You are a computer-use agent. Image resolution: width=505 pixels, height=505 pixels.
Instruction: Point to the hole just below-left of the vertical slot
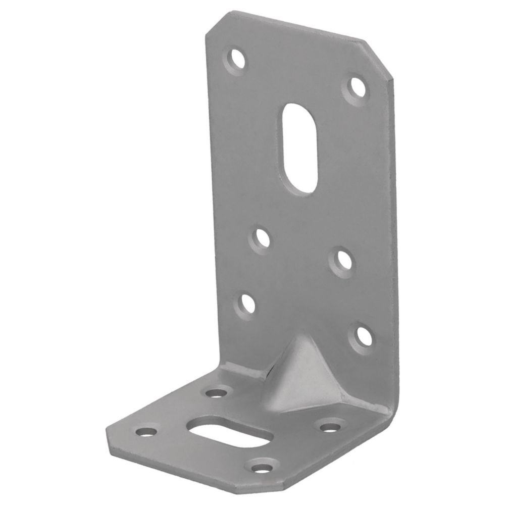261,237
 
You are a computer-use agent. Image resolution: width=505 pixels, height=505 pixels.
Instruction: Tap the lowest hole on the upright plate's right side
363,335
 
